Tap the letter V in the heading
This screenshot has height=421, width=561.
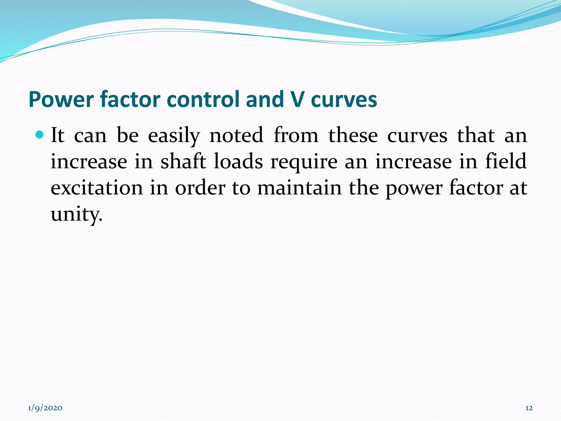[297, 99]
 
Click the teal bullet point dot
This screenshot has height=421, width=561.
[40, 135]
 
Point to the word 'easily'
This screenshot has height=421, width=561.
[174, 136]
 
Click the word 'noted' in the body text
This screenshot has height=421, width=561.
[236, 135]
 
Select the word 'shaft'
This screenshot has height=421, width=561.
[183, 161]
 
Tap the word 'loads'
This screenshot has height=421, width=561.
[238, 161]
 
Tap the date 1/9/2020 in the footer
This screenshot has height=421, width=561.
[45, 408]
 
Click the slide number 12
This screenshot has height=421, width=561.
[529, 408]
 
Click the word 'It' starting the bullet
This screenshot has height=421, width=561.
[58, 135]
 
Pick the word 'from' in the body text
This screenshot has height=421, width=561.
[296, 135]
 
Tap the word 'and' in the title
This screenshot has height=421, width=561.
[265, 99]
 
